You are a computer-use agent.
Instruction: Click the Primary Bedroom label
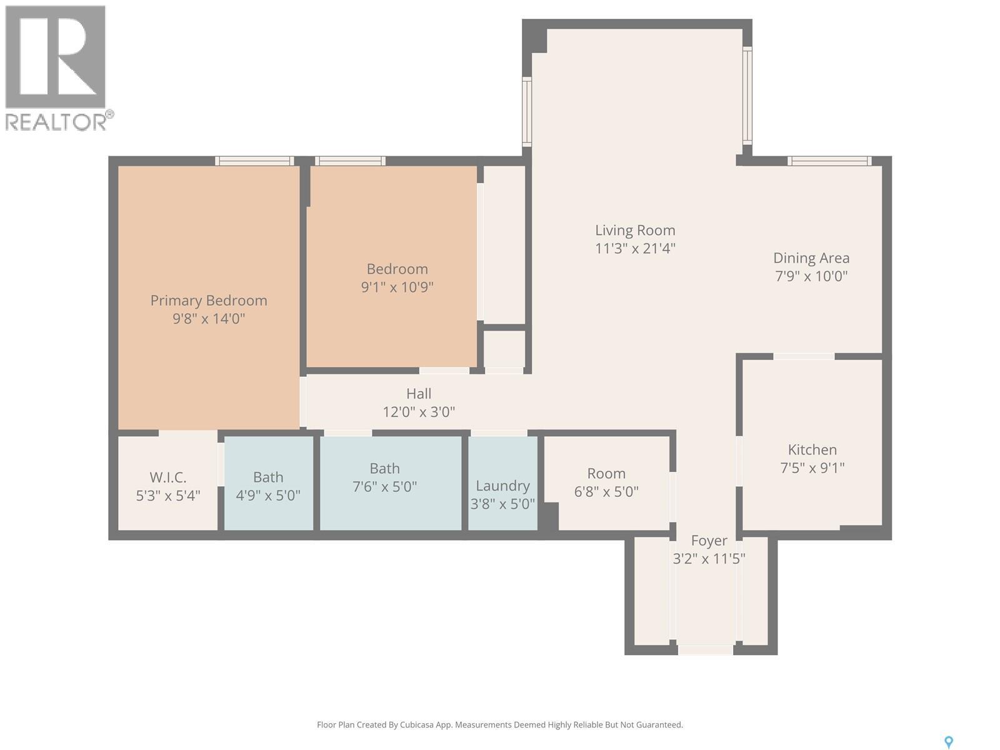(x=209, y=301)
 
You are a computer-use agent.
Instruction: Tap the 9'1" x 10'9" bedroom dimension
(x=397, y=287)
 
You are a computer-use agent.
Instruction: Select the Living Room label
(x=635, y=231)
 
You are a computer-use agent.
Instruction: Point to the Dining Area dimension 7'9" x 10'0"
(x=811, y=276)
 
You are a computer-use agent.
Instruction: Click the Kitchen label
(x=812, y=449)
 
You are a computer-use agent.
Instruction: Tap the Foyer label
(x=709, y=541)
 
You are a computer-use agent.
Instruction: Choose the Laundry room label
(x=502, y=486)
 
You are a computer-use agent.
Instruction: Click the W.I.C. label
(x=167, y=477)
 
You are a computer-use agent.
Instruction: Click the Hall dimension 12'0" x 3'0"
(x=419, y=412)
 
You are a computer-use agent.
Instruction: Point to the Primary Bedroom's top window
(x=254, y=161)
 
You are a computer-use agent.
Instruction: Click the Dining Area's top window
(x=829, y=161)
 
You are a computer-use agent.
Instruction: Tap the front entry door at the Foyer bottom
(x=705, y=650)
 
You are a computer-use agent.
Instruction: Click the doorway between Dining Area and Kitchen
(x=804, y=356)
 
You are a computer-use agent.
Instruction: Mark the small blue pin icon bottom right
(x=948, y=742)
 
